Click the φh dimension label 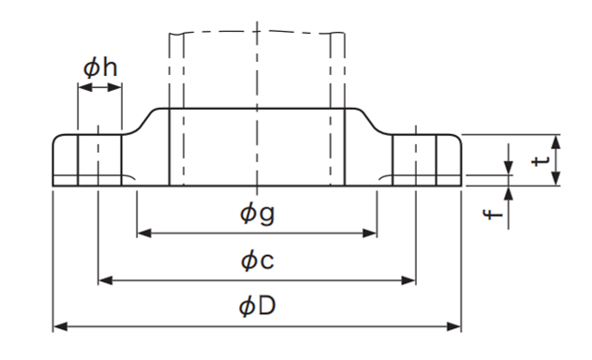point(100,68)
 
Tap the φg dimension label point(258,214)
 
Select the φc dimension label point(258,261)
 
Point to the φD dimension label point(258,306)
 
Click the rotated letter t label point(540,160)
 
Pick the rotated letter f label point(494,215)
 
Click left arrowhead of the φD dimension point(60,326)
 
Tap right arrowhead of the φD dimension point(453,326)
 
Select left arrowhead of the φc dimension point(105,280)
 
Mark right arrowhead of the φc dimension point(408,280)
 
